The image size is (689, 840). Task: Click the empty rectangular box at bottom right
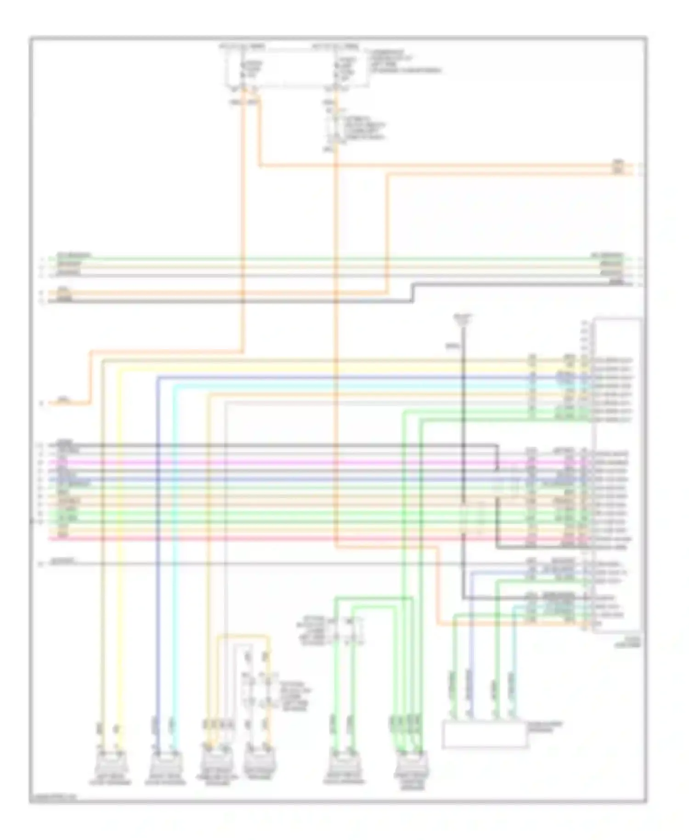484,734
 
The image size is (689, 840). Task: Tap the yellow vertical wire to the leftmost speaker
120,551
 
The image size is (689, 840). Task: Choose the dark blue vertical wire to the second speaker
158,551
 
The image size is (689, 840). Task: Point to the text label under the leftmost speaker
112,781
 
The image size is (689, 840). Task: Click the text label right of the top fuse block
404,62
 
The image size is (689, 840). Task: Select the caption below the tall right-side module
633,642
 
